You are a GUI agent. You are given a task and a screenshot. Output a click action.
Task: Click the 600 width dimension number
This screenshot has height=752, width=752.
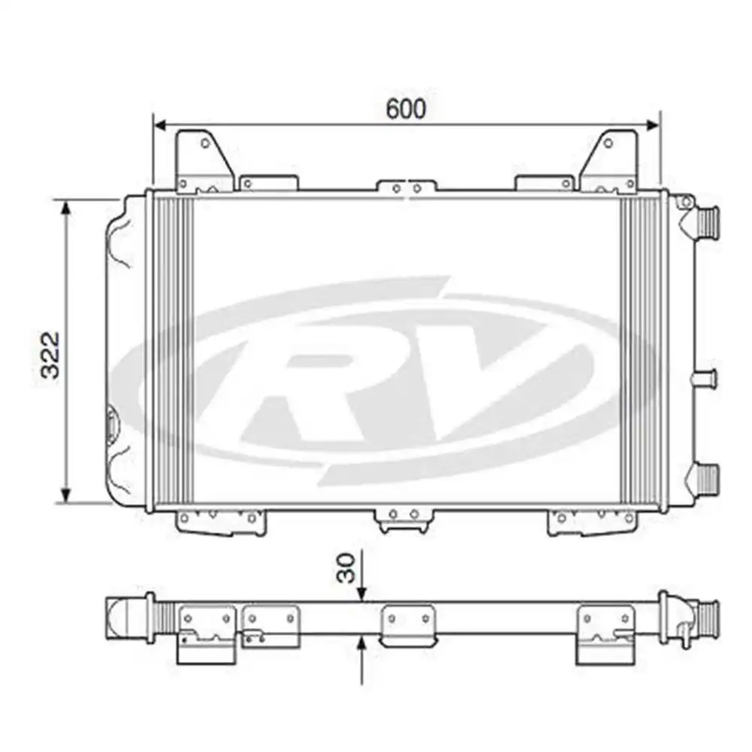[x=406, y=108]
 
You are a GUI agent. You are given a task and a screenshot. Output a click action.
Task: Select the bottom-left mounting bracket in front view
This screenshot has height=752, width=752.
[x=221, y=521]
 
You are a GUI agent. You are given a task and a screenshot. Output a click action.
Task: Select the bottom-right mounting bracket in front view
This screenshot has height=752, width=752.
[x=592, y=521]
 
